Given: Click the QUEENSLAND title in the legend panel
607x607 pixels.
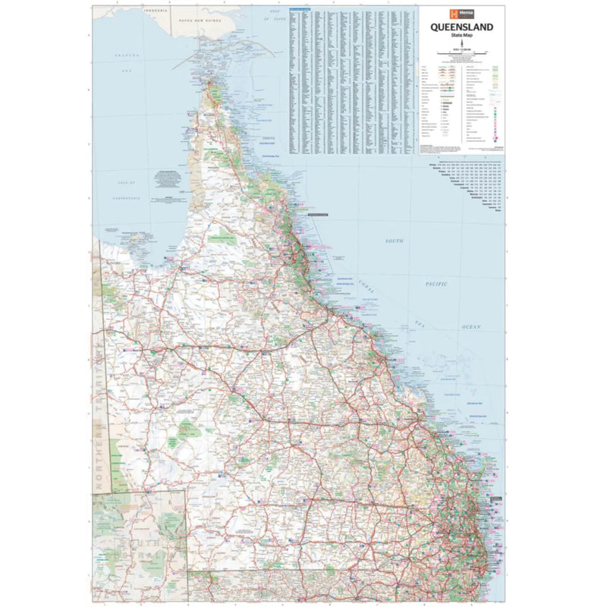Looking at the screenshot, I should click(461, 27).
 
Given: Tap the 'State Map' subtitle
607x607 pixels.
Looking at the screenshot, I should click(461, 36).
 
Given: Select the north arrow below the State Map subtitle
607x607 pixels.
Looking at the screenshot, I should click(461, 44).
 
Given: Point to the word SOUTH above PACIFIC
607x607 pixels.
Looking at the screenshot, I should click(394, 241).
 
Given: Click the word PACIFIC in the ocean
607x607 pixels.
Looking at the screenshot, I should click(436, 283).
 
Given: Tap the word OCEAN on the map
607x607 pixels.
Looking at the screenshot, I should click(470, 326).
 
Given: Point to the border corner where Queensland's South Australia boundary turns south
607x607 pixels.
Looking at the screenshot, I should click(187, 490).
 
